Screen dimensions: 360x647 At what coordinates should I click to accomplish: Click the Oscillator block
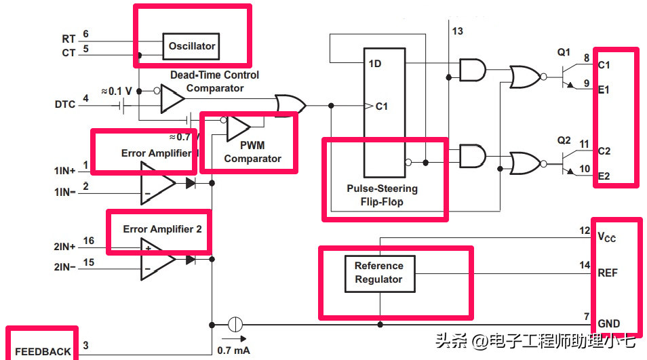[191, 46]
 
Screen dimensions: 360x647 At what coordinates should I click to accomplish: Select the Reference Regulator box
[378, 273]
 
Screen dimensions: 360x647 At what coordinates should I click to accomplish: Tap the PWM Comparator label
[252, 152]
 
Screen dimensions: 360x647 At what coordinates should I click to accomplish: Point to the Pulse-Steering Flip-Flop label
[382, 195]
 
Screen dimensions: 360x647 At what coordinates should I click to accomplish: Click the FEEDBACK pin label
[43, 352]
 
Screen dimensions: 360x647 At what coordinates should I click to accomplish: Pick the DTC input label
[65, 104]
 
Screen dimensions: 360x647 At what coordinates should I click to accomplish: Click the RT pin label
[68, 39]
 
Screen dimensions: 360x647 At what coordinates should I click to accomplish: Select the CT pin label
[68, 52]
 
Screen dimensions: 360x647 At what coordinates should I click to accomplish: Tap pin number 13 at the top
[457, 31]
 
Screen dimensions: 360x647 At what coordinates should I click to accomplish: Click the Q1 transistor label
[564, 52]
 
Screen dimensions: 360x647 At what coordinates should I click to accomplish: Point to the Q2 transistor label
[564, 140]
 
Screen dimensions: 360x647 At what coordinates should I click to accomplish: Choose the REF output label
[607, 273]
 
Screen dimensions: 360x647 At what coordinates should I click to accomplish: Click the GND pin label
[608, 323]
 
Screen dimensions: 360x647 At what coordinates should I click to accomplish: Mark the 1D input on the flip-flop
[374, 64]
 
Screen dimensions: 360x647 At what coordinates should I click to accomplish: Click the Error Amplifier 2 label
[162, 229]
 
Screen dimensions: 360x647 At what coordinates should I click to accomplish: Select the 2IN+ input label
[65, 247]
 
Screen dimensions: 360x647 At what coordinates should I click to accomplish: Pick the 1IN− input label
[65, 192]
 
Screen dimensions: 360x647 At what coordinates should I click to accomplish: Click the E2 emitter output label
[604, 176]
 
